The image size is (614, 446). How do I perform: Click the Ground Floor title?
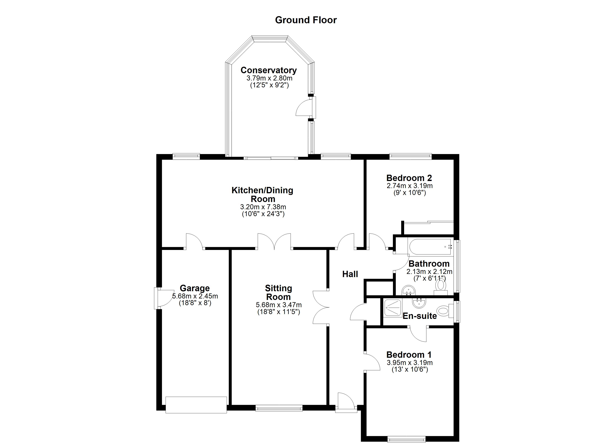[x=306, y=20]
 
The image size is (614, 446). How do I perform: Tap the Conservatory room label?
[x=268, y=70]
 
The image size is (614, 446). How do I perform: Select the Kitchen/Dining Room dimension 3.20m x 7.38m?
[x=263, y=207]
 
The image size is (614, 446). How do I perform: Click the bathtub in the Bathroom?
[x=430, y=247]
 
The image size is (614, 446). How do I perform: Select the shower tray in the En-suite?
[x=393, y=308]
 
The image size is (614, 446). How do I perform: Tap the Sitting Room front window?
[x=279, y=408]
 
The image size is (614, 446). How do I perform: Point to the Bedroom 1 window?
[x=406, y=439]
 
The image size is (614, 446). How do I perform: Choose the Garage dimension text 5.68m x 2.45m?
[x=195, y=296]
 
